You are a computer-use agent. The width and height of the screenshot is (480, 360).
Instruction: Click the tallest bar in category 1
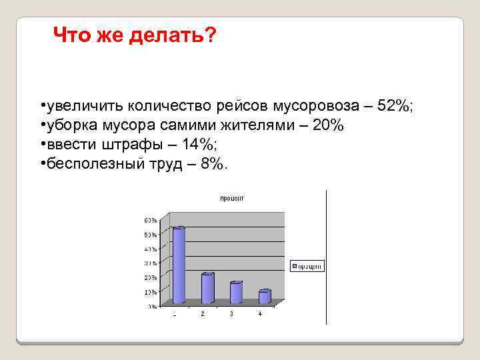click(x=178, y=265)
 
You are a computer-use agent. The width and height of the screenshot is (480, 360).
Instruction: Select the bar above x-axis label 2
click(x=207, y=288)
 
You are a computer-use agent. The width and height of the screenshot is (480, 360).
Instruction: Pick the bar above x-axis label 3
click(x=236, y=293)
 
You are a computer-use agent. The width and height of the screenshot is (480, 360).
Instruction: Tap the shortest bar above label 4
click(x=265, y=297)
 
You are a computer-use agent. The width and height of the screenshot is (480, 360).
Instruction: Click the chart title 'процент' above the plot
click(x=233, y=198)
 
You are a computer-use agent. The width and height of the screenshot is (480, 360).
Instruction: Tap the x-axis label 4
click(x=260, y=313)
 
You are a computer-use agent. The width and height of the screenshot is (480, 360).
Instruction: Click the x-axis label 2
click(x=203, y=313)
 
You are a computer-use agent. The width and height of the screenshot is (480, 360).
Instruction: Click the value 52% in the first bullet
click(x=396, y=107)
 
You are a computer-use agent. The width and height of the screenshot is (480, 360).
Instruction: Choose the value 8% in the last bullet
click(x=214, y=165)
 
